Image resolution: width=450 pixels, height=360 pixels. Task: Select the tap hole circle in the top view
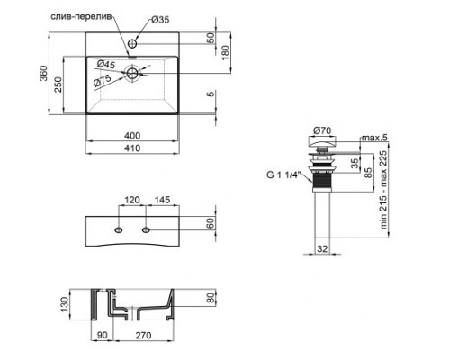132,43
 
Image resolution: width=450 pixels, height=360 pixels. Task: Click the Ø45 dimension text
107,63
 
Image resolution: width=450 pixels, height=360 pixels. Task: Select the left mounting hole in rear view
118,233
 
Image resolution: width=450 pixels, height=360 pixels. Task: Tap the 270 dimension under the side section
138,337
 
